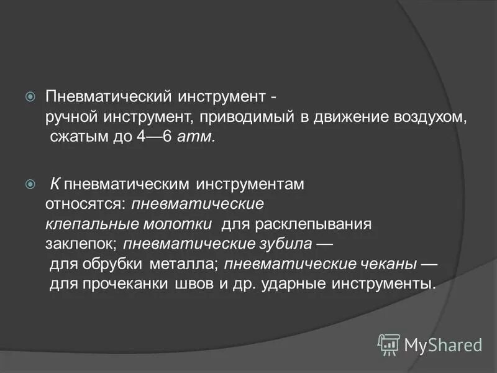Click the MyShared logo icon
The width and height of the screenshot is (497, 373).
pyautogui.click(x=389, y=344)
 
